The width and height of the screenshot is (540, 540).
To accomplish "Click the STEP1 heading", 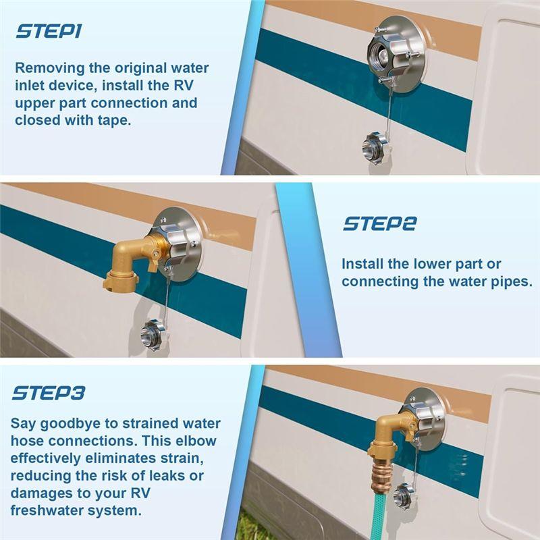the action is click(x=49, y=31).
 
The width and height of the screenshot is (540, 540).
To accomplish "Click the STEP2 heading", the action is click(x=379, y=224).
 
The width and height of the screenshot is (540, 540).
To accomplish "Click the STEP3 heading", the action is click(x=48, y=393).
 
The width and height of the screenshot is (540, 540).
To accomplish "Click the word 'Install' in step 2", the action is click(x=362, y=264).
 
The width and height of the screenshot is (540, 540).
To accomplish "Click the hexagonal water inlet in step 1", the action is click(x=387, y=56).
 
